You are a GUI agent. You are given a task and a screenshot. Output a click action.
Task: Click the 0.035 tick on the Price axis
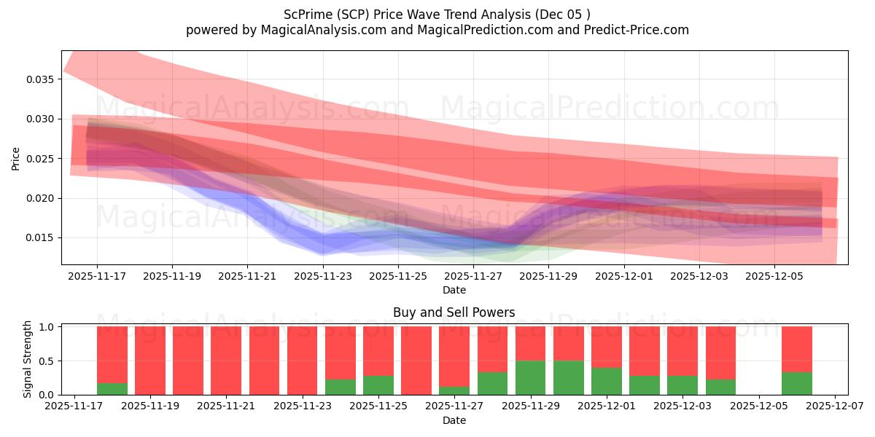click(42, 79)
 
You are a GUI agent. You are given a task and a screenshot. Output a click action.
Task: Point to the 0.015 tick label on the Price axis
click(42, 238)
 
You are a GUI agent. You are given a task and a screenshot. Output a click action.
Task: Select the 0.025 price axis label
click(42, 159)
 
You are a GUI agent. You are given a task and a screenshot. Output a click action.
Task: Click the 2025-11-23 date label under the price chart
click(322, 277)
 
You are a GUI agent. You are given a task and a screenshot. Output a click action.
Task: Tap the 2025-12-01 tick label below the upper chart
click(623, 277)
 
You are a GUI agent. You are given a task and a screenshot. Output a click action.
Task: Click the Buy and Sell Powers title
click(454, 312)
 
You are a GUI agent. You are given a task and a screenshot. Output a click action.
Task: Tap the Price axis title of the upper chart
click(16, 158)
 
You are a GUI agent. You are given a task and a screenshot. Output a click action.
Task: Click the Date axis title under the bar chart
click(454, 420)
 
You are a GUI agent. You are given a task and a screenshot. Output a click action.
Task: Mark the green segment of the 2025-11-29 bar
click(531, 378)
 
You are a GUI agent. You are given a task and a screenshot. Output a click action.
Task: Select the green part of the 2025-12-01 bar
click(607, 381)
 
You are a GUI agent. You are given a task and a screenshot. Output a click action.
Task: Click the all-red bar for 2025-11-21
click(226, 361)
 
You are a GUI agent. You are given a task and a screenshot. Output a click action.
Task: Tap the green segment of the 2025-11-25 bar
click(378, 385)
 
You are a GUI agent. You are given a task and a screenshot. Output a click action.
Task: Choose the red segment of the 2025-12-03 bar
click(682, 350)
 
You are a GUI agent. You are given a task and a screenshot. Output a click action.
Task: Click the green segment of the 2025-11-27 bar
click(454, 390)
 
